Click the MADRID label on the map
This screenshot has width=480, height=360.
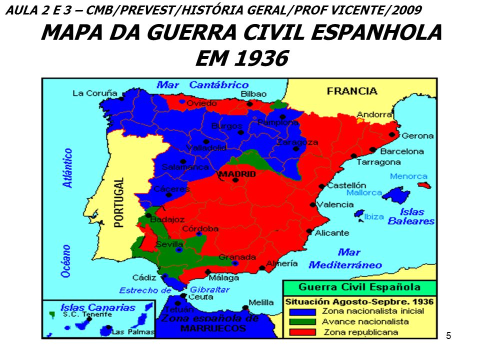(x=237, y=174)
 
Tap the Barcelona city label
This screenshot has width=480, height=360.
(x=402, y=151)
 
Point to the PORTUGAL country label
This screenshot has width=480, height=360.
(x=118, y=203)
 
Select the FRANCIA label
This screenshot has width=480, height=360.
(x=352, y=91)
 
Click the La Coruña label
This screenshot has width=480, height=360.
(x=94, y=93)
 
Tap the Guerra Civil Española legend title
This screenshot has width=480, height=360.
(x=359, y=287)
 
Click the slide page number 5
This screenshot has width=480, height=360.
(x=448, y=335)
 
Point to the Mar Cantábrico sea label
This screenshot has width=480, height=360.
(x=202, y=85)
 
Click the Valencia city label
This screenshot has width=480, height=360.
(x=335, y=204)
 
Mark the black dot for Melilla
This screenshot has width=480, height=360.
(x=244, y=308)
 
